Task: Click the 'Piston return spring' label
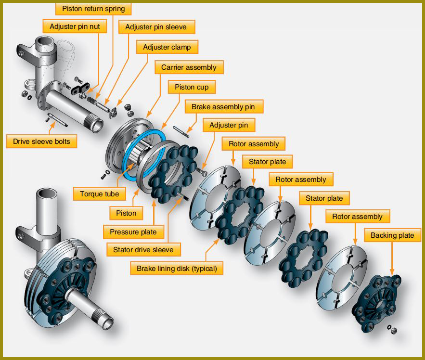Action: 93,9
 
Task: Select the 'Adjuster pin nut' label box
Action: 75,26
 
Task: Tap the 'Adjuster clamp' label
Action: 167,47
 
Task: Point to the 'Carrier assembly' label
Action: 189,67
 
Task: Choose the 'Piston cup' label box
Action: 192,87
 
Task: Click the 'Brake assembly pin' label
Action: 223,107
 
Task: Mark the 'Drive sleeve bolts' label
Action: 41,141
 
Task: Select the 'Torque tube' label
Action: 100,194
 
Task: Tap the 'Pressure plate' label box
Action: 133,232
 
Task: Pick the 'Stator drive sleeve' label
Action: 143,250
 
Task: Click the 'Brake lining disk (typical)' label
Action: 177,269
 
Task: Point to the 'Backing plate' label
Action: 392,235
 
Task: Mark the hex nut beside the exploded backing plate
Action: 394,331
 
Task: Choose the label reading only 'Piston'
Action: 126,213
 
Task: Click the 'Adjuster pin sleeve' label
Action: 156,27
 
